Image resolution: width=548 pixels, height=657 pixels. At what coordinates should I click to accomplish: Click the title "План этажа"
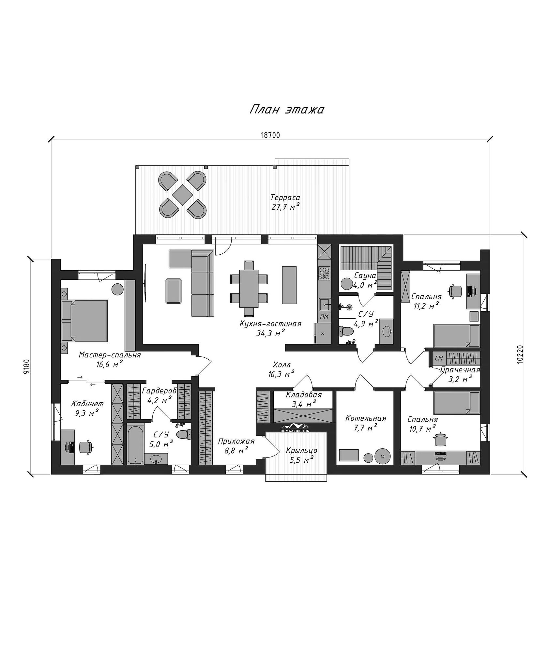point(287,110)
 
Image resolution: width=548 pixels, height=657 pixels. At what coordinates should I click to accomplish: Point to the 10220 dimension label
point(520,354)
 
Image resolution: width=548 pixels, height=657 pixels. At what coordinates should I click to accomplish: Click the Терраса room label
point(285,197)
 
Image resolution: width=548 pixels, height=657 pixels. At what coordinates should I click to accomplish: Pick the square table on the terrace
point(183,195)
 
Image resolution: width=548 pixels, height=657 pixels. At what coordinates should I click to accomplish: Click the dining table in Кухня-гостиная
point(249,288)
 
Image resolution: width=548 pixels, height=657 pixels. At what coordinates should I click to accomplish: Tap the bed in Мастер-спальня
point(85,321)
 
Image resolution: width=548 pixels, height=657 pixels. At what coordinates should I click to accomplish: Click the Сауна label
point(365,276)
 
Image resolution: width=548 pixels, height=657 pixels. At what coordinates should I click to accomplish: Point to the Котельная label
point(366,418)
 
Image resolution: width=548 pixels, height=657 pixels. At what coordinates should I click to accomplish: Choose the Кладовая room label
point(304,395)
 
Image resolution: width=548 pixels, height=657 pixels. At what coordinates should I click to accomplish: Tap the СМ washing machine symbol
point(439,358)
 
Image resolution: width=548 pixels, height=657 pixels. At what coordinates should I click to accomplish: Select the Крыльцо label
point(302,451)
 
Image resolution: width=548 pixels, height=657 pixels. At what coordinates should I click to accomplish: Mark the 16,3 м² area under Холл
point(281,374)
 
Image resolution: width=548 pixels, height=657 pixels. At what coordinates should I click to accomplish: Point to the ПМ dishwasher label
point(324,317)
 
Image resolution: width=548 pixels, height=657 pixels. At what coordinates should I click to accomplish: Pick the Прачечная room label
point(460,370)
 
